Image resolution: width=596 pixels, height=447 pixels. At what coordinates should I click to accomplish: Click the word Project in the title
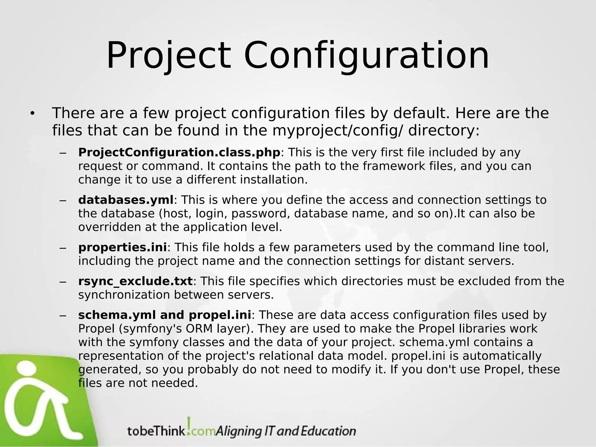[169, 56]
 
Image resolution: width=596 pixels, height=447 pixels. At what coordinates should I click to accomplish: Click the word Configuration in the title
[366, 56]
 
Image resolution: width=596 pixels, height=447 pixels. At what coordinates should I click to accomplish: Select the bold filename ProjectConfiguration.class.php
[179, 152]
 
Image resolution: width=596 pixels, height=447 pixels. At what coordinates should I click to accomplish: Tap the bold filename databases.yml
[126, 200]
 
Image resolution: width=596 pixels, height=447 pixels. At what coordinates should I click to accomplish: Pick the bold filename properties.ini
[123, 247]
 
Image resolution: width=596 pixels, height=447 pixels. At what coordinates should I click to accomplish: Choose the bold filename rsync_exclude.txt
[135, 281]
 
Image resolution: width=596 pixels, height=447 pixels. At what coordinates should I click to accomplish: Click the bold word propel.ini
[220, 315]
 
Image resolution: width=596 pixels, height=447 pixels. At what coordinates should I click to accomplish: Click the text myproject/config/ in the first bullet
[338, 131]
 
